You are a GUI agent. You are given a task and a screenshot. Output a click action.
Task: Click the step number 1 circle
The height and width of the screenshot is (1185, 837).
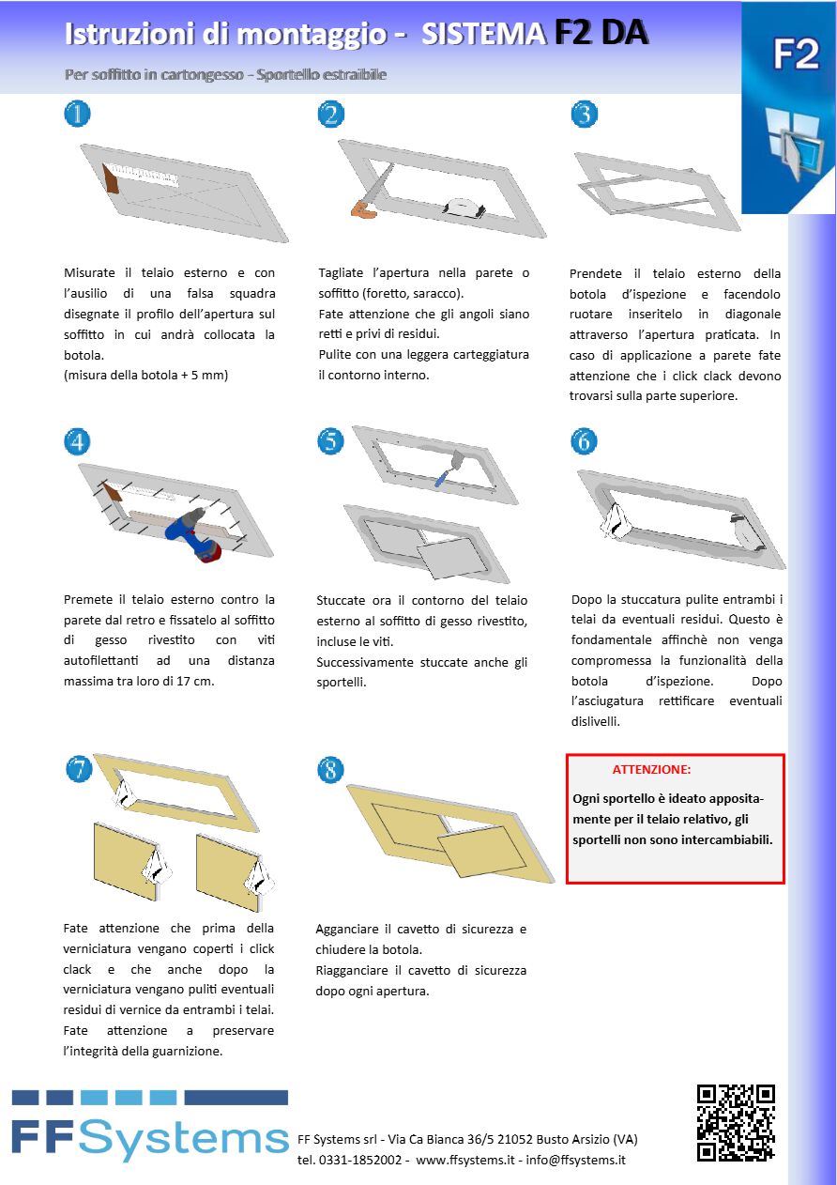pos(78,114)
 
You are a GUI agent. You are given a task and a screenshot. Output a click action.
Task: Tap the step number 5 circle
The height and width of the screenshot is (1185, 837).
pos(330,440)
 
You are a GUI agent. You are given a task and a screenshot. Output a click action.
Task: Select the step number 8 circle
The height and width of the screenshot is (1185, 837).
pos(330,769)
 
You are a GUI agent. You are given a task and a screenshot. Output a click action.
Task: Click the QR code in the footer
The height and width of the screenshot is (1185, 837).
pos(736,1122)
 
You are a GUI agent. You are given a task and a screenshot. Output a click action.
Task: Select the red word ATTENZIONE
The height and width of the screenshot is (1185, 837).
pos(651,769)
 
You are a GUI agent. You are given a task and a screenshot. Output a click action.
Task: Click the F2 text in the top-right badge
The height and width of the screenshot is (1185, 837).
pos(796,55)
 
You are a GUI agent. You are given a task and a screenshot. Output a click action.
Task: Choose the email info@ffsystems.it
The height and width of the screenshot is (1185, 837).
pos(575,1160)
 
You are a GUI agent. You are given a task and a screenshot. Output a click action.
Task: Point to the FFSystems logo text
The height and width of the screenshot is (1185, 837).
pos(150,1138)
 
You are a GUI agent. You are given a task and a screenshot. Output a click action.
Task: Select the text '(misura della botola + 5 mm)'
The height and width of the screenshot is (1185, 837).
pos(146,376)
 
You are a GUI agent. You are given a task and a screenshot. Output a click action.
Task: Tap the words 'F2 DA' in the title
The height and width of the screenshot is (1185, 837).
pos(601,33)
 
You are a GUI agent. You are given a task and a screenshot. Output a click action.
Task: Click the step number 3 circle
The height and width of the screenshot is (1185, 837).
pos(585,114)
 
